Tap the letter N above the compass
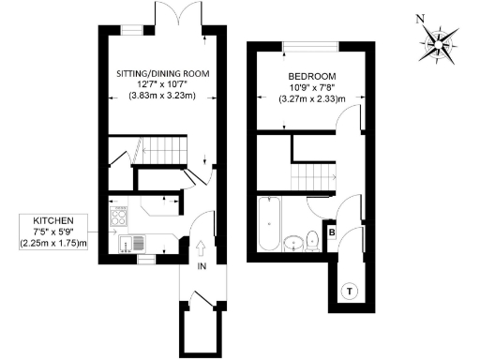click(x=421, y=17)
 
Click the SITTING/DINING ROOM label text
click(x=162, y=73)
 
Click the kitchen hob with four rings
click(x=120, y=219)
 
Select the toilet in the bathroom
click(x=313, y=243)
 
